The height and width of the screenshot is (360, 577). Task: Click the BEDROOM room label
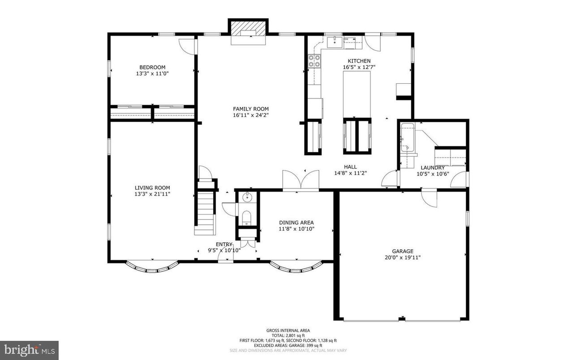152,67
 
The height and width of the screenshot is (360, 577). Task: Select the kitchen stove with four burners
314,61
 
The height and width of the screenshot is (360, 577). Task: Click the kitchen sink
333,43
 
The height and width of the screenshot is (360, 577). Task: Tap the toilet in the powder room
247,218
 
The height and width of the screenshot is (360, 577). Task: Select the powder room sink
247,197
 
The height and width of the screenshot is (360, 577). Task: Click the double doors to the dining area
301,181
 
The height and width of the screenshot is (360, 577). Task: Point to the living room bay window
152,268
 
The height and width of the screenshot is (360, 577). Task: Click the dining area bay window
297,268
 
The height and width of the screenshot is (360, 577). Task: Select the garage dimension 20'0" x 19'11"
403,257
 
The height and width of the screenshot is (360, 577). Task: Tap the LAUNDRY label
432,168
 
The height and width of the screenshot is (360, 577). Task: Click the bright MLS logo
29,350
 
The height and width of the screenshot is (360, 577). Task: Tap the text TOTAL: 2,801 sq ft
288,335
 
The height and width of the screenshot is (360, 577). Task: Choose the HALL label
350,167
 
